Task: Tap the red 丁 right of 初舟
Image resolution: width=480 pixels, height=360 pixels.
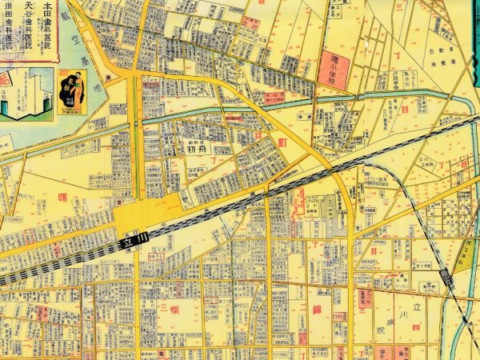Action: pyautogui.click(x=214, y=158)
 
